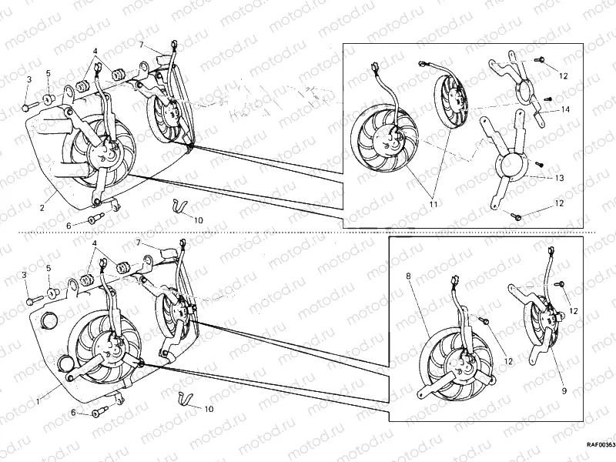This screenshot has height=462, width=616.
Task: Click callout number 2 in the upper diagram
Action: (44, 207)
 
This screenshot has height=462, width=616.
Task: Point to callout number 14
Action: (565, 110)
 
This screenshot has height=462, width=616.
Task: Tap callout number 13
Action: (561, 177)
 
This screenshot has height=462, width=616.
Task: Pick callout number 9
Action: (564, 390)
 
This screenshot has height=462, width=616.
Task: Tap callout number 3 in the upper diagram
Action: (29, 79)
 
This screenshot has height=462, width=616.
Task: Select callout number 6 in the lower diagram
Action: (73, 413)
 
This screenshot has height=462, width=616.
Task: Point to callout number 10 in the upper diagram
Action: (199, 220)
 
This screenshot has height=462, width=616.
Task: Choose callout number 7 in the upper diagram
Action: (142, 45)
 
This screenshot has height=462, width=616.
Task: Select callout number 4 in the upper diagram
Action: (95, 52)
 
